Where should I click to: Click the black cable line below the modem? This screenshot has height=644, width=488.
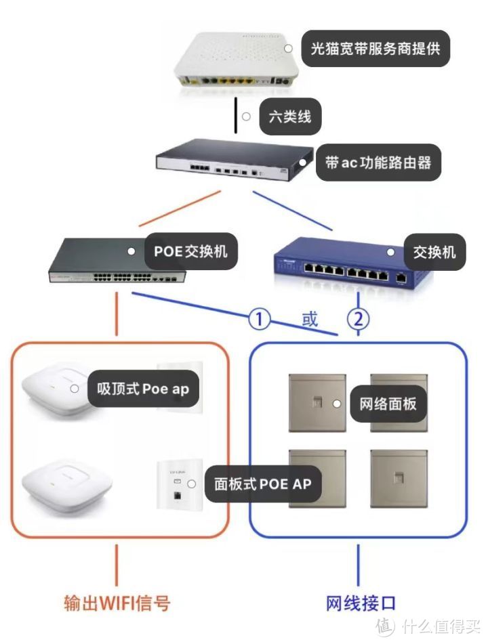coord(236,116)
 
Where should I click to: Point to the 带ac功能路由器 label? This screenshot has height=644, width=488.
coord(378,162)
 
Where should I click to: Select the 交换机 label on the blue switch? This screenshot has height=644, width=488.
coord(434,252)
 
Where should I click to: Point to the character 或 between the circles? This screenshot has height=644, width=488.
coord(310,320)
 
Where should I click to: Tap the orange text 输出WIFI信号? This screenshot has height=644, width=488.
coord(117,603)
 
